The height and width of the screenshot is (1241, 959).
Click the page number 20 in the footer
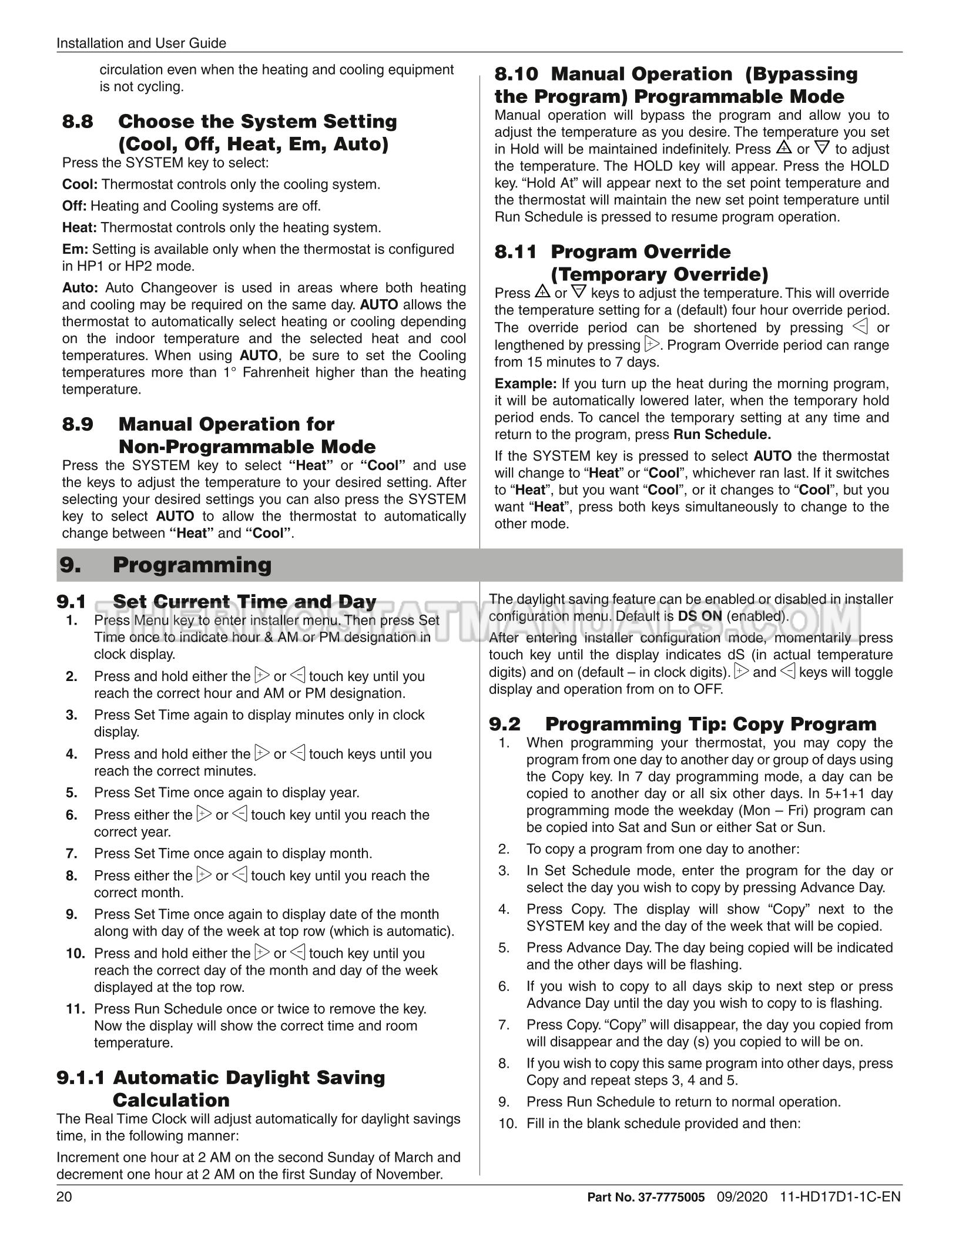[x=64, y=1197]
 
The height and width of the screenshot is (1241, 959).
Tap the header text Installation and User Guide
[x=141, y=43]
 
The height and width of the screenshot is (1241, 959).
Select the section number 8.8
[x=78, y=122]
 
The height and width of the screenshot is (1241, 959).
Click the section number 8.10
[x=516, y=74]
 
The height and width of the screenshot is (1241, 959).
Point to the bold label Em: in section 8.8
[x=75, y=249]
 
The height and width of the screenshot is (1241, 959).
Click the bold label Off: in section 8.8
[x=75, y=206]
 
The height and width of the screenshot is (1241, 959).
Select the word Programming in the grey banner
[x=192, y=565]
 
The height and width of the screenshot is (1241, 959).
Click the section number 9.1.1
[x=81, y=1078]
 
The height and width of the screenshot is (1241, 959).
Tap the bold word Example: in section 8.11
[x=525, y=384]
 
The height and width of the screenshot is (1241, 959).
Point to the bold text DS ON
[x=700, y=616]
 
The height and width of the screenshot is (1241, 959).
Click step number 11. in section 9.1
[x=76, y=1009]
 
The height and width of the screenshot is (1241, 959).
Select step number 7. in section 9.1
[x=72, y=853]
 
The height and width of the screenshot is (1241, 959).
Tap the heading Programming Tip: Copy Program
[x=710, y=724]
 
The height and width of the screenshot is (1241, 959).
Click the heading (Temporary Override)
[x=659, y=274]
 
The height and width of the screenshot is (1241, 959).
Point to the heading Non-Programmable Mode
[x=247, y=447]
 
